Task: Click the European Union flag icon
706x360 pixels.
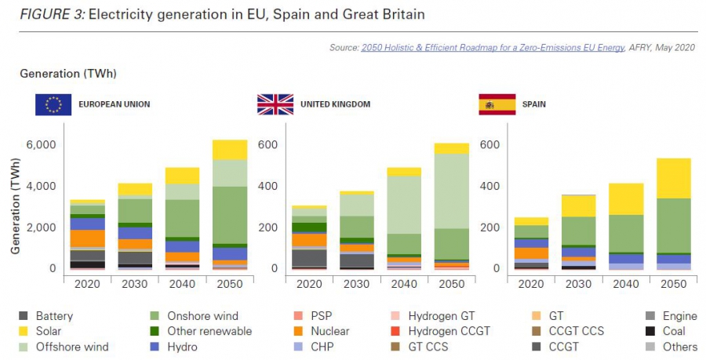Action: click(53, 104)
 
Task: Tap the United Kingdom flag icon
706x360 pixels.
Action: click(275, 104)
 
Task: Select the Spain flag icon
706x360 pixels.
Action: click(497, 104)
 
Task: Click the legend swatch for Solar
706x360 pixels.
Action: click(24, 332)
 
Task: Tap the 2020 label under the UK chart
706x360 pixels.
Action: click(310, 283)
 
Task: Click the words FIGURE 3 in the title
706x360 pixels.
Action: click(53, 15)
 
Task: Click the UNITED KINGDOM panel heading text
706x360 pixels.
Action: click(335, 104)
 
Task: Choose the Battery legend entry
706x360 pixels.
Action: click(54, 317)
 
